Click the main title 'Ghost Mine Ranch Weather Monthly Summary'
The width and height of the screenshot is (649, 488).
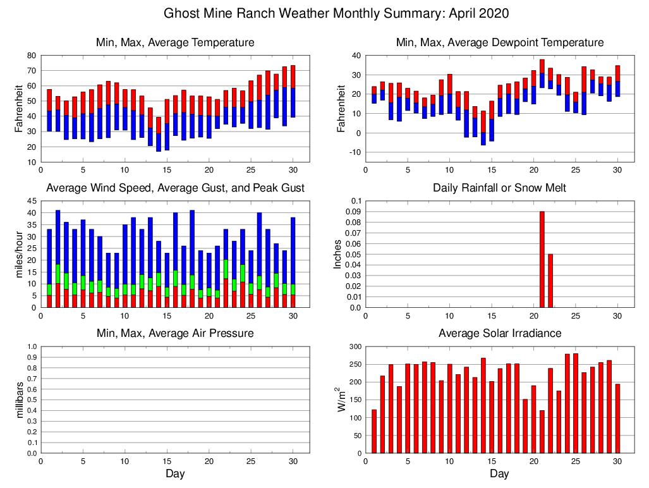[x=336, y=13]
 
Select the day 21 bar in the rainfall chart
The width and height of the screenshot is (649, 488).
[x=542, y=259]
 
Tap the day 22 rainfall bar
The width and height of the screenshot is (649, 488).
[x=550, y=281]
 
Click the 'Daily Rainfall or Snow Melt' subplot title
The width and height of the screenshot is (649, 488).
[x=499, y=188]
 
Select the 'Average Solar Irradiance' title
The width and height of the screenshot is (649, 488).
[x=499, y=333]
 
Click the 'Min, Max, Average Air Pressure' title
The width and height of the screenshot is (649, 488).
[x=175, y=333]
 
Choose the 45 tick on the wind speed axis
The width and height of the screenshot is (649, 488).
[x=32, y=201]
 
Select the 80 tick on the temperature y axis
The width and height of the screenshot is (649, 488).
[x=32, y=56]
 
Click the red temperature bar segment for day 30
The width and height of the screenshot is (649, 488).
[x=293, y=76]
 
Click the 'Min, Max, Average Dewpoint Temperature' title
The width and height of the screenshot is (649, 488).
[x=499, y=42]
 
